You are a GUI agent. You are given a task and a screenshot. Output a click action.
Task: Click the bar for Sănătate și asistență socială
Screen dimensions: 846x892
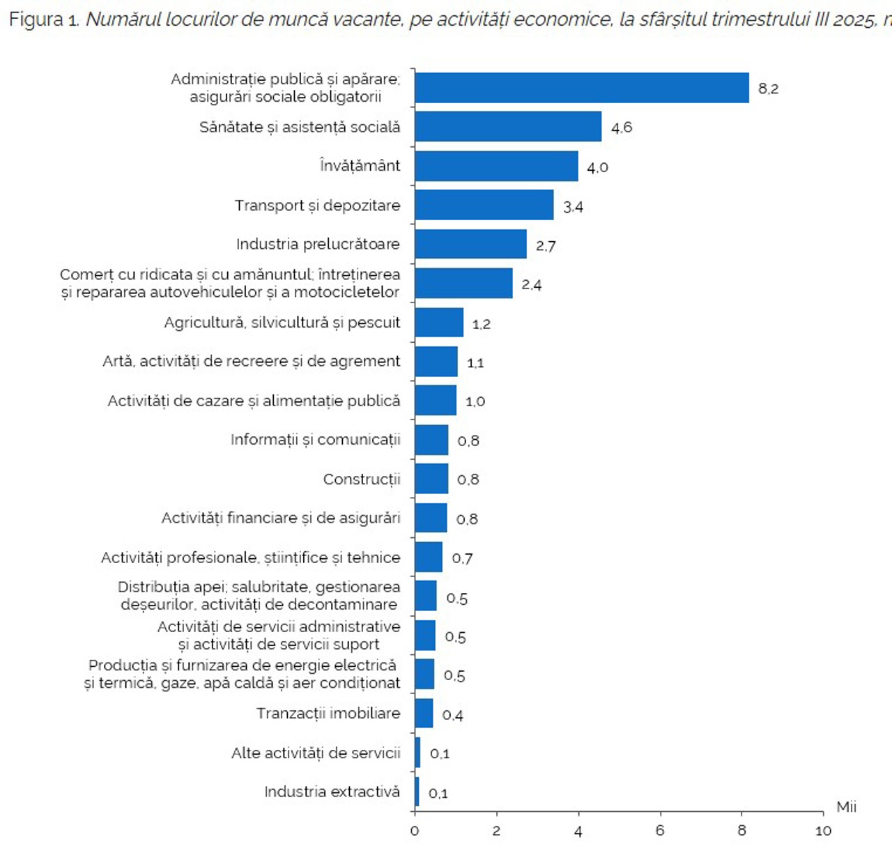click(508, 127)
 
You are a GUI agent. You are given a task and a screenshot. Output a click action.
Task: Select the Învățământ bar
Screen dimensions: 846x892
click(496, 166)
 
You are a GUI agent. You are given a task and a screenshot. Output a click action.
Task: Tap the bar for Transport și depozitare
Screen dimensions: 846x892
click(484, 205)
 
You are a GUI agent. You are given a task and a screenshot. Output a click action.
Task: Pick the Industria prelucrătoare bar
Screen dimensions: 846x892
click(470, 244)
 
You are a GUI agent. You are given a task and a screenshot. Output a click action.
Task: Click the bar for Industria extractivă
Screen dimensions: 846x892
click(417, 792)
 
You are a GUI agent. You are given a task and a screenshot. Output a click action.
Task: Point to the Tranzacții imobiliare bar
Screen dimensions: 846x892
click(424, 714)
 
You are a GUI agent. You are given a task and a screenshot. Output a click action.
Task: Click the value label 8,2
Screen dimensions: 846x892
click(768, 89)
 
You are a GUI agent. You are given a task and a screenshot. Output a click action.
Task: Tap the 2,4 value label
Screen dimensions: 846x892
click(531, 284)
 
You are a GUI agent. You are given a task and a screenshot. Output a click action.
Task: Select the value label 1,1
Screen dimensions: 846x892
click(475, 362)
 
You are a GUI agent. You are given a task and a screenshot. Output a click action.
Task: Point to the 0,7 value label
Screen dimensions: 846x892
click(462, 558)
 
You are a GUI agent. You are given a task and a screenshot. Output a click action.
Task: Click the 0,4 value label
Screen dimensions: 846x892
click(452, 715)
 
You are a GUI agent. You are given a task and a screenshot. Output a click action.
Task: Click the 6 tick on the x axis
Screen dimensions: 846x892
click(660, 831)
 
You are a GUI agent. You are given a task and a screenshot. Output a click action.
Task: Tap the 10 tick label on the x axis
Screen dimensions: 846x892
click(823, 831)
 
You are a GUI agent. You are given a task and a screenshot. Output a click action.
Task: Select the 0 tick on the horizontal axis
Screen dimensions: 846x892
click(415, 831)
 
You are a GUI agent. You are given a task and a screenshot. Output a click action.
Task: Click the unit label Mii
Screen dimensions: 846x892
click(846, 807)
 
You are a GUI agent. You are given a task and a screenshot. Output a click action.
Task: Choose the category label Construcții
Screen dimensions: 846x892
click(362, 479)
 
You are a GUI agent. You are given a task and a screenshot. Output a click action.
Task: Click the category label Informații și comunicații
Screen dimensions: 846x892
click(315, 440)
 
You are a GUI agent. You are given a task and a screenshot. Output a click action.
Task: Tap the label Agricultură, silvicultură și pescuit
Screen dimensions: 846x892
click(282, 323)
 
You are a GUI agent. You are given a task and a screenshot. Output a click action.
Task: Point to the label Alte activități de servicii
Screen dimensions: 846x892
click(316, 753)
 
